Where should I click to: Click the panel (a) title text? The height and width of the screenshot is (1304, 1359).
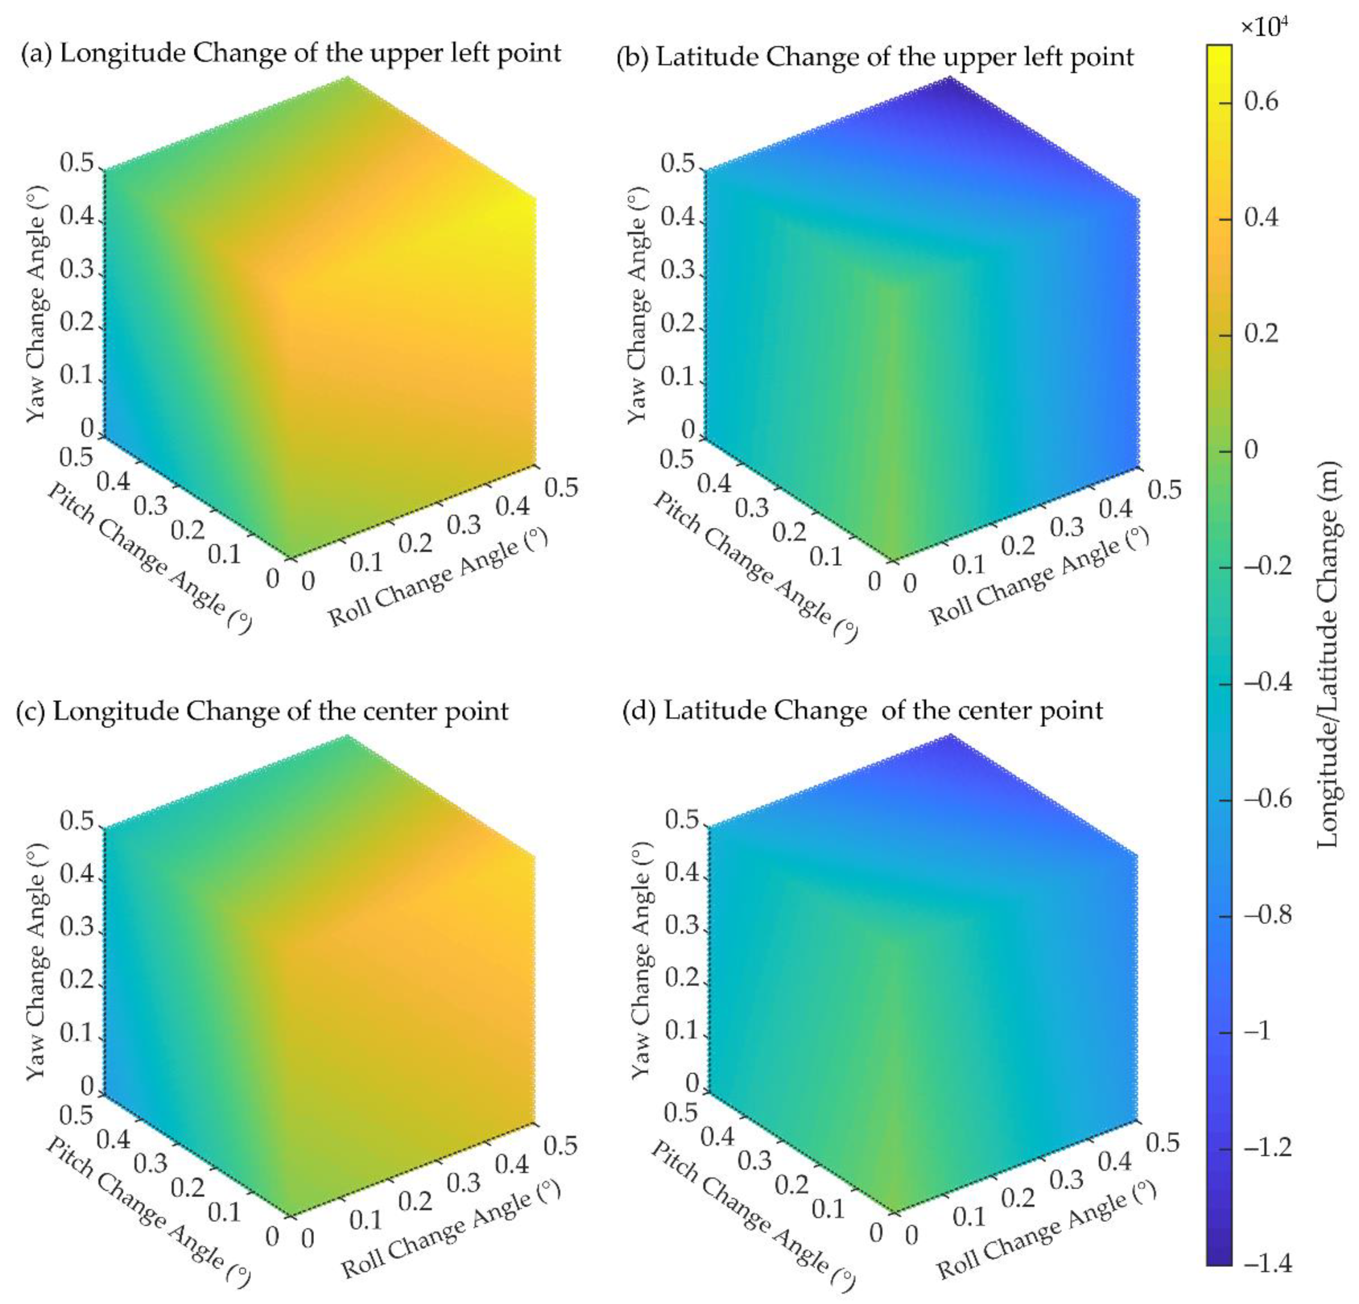[291, 53]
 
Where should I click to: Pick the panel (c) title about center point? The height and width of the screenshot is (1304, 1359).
[262, 711]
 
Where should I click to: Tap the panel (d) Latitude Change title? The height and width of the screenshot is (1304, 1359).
[862, 710]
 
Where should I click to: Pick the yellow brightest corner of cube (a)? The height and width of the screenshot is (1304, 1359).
[530, 205]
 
